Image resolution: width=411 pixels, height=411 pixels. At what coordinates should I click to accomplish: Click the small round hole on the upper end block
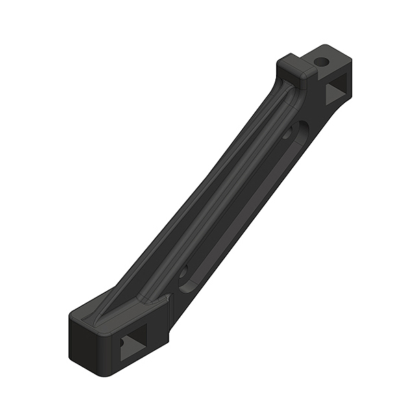(x=322, y=62)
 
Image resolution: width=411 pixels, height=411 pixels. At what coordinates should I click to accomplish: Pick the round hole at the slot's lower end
(x=183, y=272)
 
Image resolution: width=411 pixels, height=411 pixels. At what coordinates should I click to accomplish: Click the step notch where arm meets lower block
(x=166, y=301)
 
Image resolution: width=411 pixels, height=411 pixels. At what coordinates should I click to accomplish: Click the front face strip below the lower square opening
(x=137, y=366)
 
